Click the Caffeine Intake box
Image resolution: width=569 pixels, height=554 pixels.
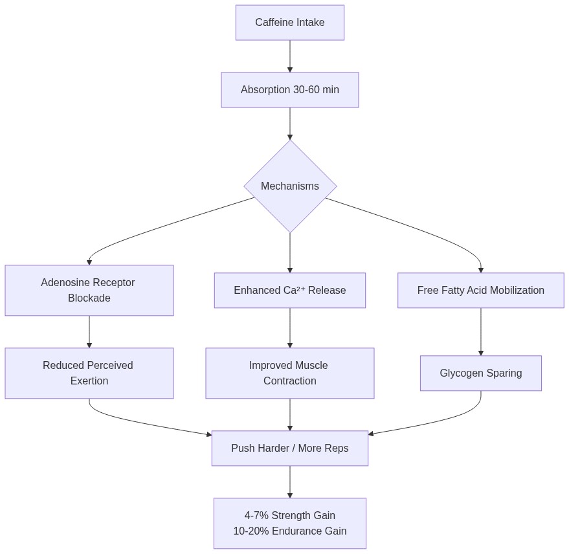coord(289,23)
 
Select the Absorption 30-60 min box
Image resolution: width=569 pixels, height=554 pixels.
coord(289,90)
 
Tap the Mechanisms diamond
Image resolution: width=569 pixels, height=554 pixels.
coord(290,186)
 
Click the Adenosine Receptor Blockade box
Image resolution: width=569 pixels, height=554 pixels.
coord(89,291)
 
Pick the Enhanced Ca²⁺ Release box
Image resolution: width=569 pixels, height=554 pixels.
coord(289,291)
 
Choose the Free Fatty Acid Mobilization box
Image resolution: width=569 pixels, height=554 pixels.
coord(480,291)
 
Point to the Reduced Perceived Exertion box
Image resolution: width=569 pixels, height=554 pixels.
coord(89,373)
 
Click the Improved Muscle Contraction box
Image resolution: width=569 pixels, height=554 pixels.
coord(289,373)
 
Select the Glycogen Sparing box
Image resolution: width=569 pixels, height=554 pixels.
coord(480,373)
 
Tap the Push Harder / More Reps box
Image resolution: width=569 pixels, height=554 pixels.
coord(289,449)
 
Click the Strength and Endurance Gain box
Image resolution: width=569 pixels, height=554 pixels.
coord(289,524)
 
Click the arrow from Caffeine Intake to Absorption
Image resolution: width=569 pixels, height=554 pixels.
coord(290,56)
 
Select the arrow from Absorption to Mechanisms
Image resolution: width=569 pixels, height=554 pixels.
coord(290,124)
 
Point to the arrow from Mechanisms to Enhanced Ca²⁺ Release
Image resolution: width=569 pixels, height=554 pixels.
coord(290,252)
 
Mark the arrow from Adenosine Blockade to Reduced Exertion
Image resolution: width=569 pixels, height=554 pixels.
coord(89,332)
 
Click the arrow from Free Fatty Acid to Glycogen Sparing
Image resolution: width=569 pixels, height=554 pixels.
coord(481,331)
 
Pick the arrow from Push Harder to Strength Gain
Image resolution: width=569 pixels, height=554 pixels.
coord(290,482)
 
